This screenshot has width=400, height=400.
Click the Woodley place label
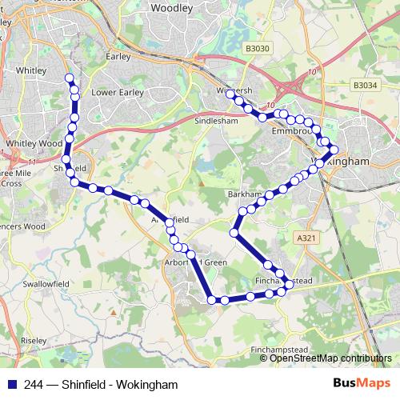(172, 8)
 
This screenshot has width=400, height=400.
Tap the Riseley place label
(34, 340)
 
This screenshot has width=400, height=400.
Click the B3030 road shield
(258, 49)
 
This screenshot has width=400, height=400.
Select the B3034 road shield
(364, 85)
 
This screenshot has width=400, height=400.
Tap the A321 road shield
(306, 238)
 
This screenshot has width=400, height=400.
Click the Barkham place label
(243, 194)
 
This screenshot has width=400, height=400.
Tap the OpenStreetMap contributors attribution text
(330, 358)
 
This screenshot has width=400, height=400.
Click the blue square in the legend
(11, 384)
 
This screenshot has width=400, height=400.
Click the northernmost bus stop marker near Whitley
(70, 78)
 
